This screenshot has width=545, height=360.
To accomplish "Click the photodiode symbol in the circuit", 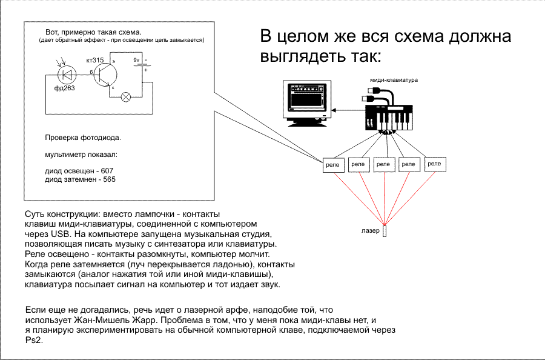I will click(66, 75).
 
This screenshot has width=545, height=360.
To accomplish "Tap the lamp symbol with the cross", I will click(126, 96).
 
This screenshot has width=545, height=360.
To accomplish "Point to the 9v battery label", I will click(136, 61).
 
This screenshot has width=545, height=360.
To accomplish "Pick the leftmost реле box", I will click(332, 165).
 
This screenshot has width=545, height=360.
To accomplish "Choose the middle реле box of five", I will click(384, 164).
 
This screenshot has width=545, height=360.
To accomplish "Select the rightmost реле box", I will click(435, 164).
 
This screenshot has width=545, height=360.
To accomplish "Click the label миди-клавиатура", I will click(394, 80).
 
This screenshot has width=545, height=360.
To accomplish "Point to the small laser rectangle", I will click(385, 232).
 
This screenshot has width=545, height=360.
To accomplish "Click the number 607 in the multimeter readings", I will click(108, 172).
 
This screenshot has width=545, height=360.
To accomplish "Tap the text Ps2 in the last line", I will click(31, 340).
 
